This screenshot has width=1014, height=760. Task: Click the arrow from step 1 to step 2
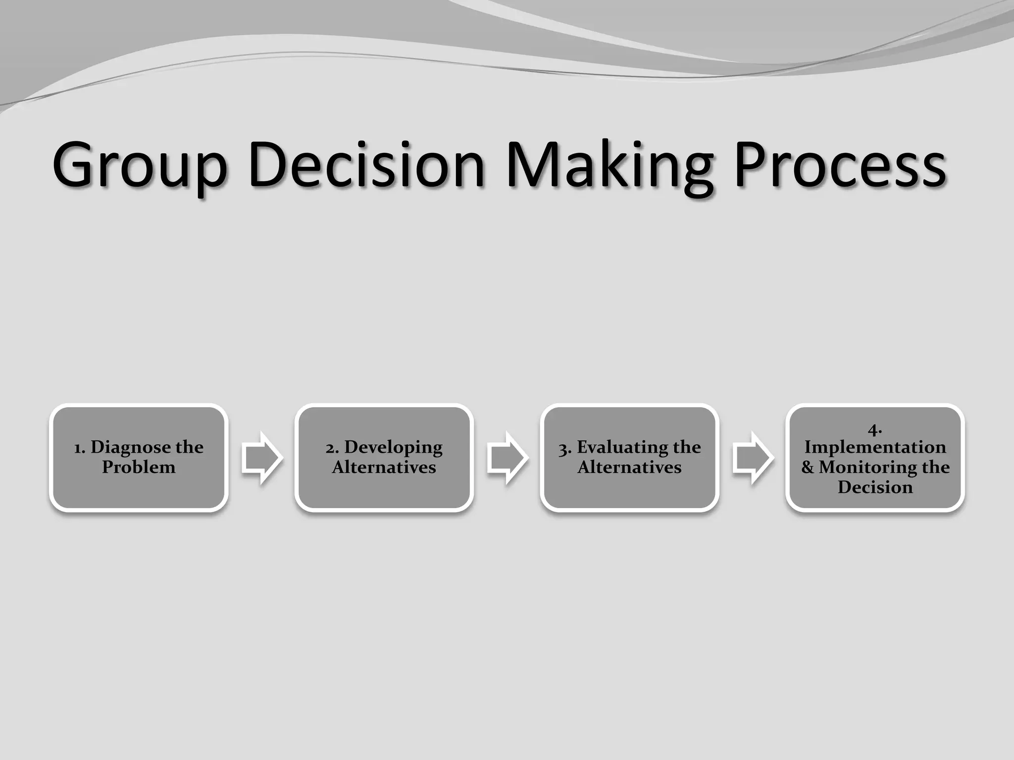coord(262,458)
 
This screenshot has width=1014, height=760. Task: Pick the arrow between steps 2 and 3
coord(507,458)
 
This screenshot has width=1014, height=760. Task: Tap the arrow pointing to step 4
coord(753,458)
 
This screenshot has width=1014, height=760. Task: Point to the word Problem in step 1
coord(139,468)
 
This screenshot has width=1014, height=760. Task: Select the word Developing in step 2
coord(393,448)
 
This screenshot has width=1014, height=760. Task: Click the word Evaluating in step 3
coord(622,448)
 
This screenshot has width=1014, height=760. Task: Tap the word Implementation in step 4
coord(875,447)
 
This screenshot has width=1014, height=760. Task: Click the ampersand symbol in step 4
coord(808,468)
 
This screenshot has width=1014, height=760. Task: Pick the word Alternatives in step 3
coord(629,468)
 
